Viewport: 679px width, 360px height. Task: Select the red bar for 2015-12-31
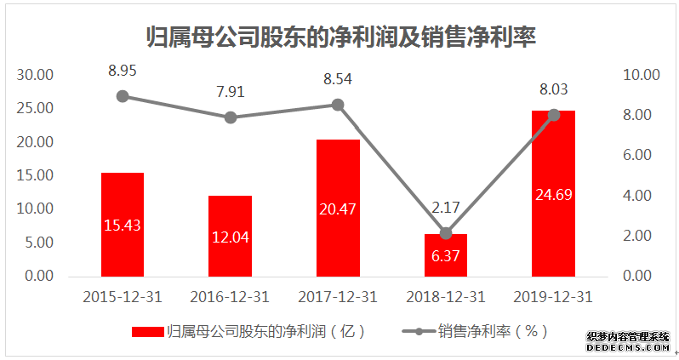pyautogui.click(x=123, y=224)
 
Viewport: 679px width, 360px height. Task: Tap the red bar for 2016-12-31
pyautogui.click(x=230, y=236)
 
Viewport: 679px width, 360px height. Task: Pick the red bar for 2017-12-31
pyautogui.click(x=338, y=208)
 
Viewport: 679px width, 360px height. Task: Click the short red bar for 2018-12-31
pyautogui.click(x=446, y=254)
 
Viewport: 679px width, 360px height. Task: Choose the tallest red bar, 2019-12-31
pyautogui.click(x=553, y=193)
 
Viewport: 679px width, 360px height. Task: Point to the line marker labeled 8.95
pyautogui.click(x=123, y=96)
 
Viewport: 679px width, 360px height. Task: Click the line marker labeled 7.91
pyautogui.click(x=230, y=117)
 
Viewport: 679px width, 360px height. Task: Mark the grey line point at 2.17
pyautogui.click(x=446, y=232)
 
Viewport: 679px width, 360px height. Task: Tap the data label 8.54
pyautogui.click(x=338, y=80)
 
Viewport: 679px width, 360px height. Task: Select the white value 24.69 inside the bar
pyautogui.click(x=553, y=195)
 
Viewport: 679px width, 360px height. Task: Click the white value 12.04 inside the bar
pyautogui.click(x=230, y=237)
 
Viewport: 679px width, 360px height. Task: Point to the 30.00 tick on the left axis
pyautogui.click(x=36, y=75)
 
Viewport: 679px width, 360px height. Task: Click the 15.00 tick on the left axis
pyautogui.click(x=36, y=175)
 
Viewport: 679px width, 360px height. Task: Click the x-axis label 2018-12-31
pyautogui.click(x=446, y=297)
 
